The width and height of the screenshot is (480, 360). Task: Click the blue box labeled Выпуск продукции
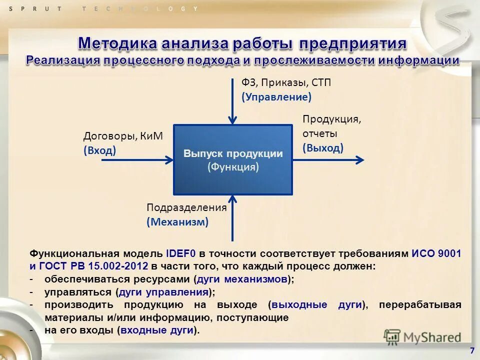pos(232,159)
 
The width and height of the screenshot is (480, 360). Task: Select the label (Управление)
pos(276,97)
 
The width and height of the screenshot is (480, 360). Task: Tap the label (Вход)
pos(99,150)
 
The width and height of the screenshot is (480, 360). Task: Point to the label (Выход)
pos(322,148)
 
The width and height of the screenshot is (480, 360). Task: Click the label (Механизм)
pos(177,222)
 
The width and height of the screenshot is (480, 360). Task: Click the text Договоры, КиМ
pos(123,136)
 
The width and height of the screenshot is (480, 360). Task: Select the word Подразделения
pos(186,207)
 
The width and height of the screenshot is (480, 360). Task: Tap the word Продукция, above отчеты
pos(331,119)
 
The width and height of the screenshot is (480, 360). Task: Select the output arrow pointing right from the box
pos(327,160)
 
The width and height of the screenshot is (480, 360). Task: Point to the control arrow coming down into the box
pos(232,100)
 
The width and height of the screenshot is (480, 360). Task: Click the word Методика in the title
pos(116,43)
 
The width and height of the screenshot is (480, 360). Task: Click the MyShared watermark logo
pos(422,336)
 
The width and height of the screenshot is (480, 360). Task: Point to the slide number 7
pos(472,350)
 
